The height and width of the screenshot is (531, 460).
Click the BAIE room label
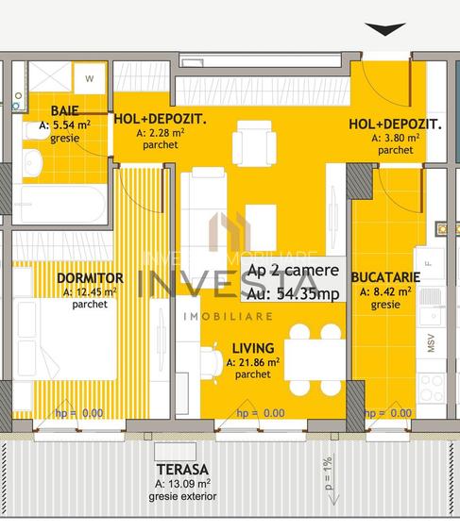[38, 110]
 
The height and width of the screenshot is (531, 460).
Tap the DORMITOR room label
[90, 278]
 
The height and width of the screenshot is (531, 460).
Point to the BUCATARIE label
[385, 278]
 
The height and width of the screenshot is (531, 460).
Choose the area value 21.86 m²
[252, 361]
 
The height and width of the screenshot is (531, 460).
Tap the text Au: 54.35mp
[292, 294]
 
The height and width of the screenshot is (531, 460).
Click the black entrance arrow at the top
[385, 29]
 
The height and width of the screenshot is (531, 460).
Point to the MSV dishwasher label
[432, 343]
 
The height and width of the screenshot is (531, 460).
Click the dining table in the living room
[315, 359]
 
